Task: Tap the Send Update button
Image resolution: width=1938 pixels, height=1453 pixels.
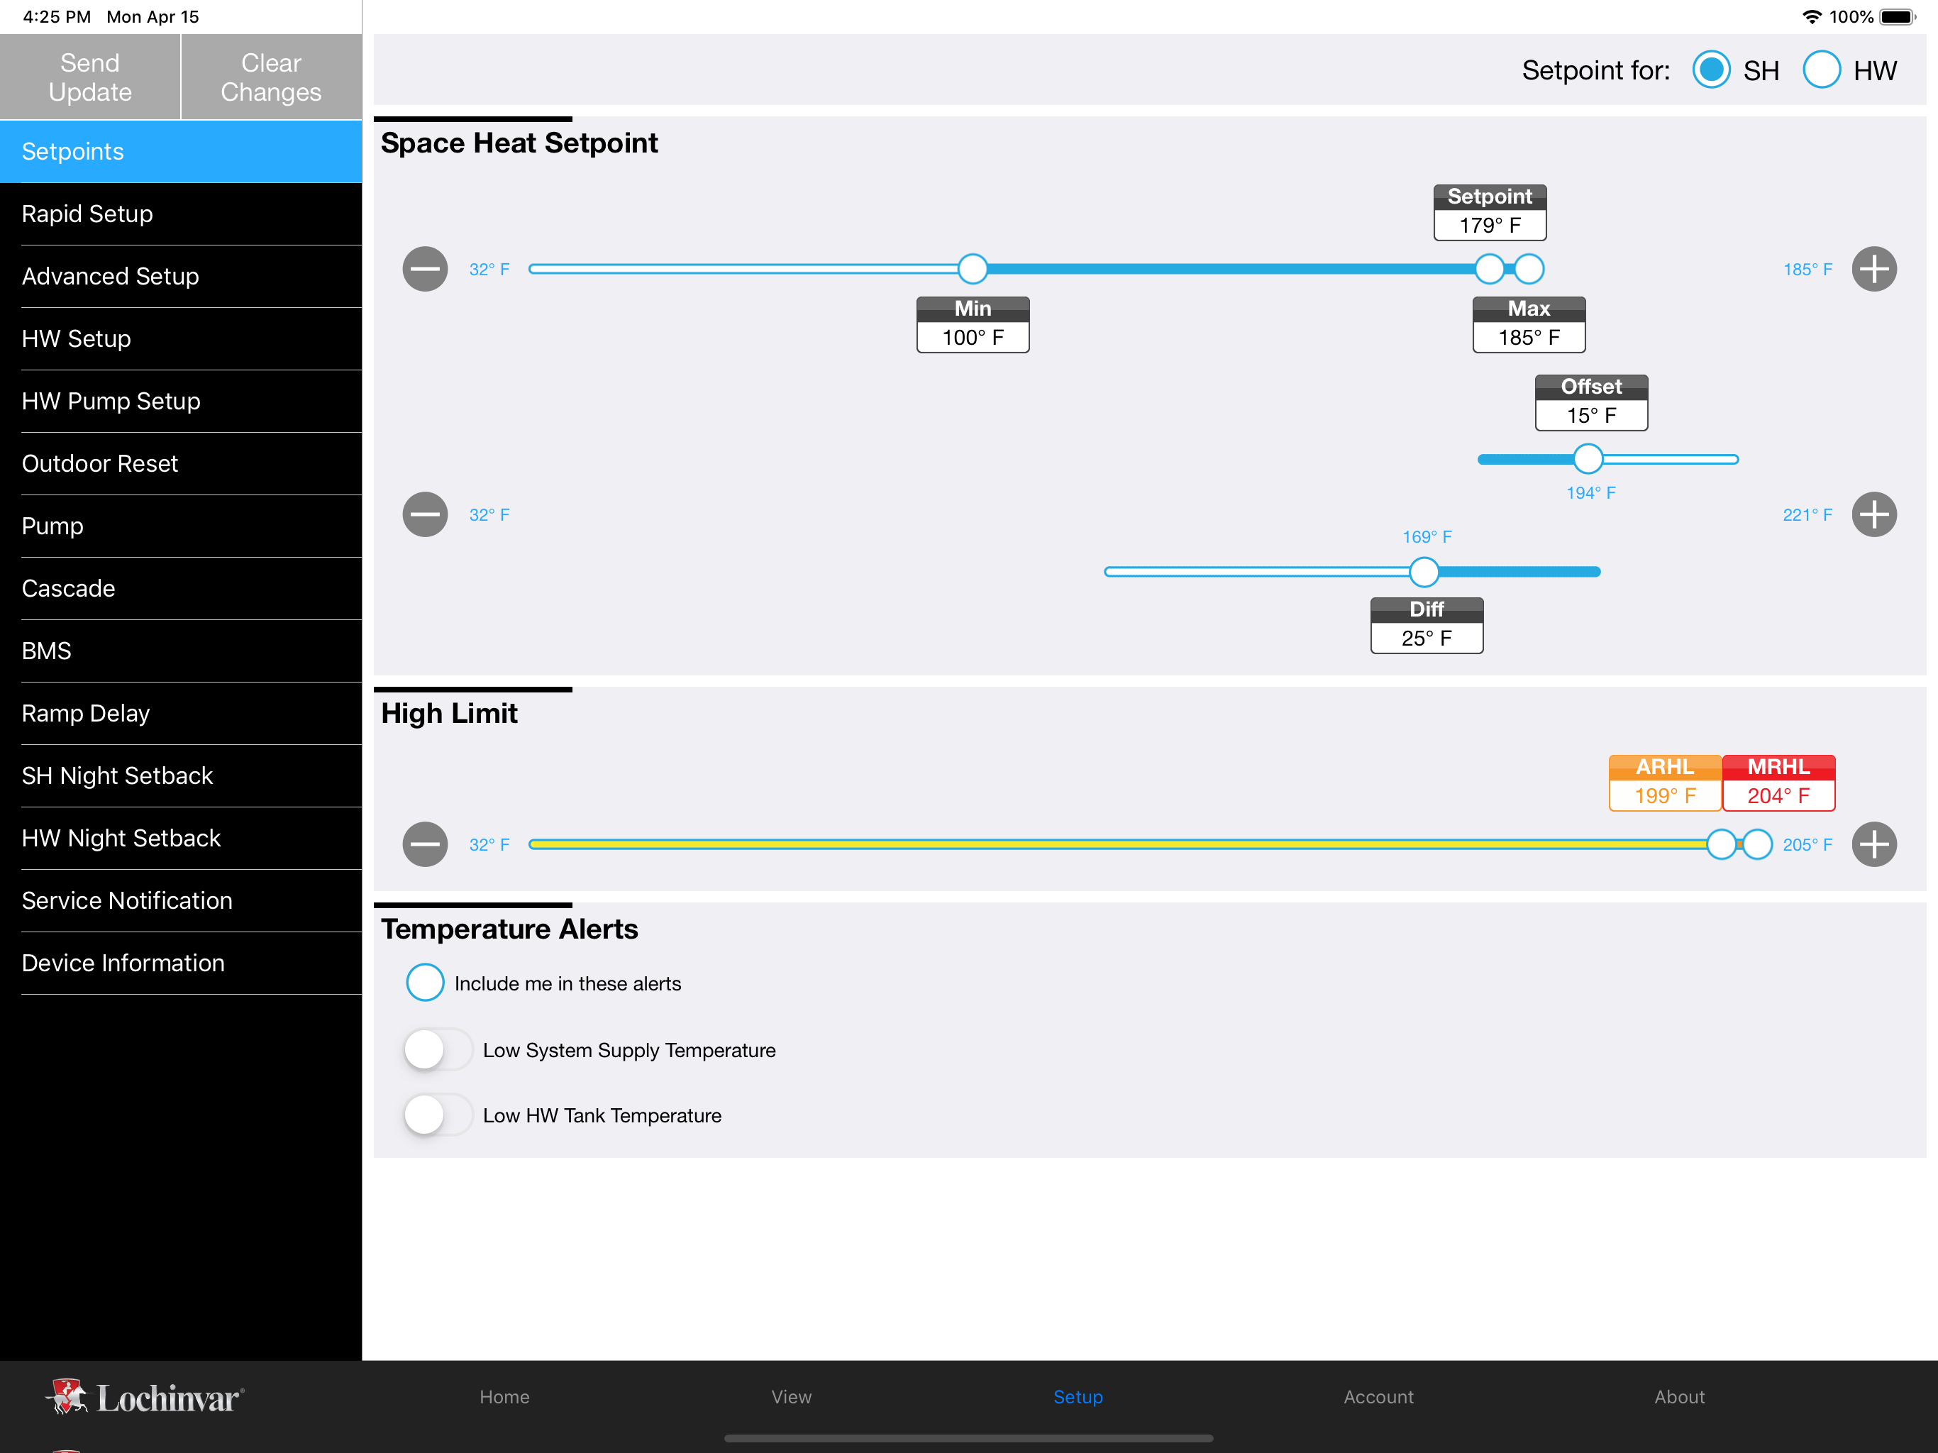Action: pos(90,77)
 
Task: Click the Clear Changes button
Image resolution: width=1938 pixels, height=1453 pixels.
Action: pos(272,77)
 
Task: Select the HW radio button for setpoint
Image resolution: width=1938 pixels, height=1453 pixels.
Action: pos(1822,70)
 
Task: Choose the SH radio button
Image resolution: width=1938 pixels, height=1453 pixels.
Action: pos(1711,70)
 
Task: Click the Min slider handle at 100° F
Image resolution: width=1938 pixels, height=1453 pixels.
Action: pos(973,269)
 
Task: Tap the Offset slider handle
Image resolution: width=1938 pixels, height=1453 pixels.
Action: pos(1588,459)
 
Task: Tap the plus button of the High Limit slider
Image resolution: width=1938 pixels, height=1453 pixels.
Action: pos(1874,845)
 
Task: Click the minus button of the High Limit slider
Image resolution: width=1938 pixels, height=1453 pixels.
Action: pos(425,845)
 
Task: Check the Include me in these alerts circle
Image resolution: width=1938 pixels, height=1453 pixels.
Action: pos(425,983)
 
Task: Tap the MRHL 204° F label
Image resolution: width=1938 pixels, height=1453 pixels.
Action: pos(1778,783)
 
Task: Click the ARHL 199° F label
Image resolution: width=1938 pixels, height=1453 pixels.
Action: pos(1666,783)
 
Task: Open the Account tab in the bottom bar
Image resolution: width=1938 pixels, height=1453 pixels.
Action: pos(1378,1397)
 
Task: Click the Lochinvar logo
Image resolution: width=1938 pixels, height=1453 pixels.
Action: pos(145,1398)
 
